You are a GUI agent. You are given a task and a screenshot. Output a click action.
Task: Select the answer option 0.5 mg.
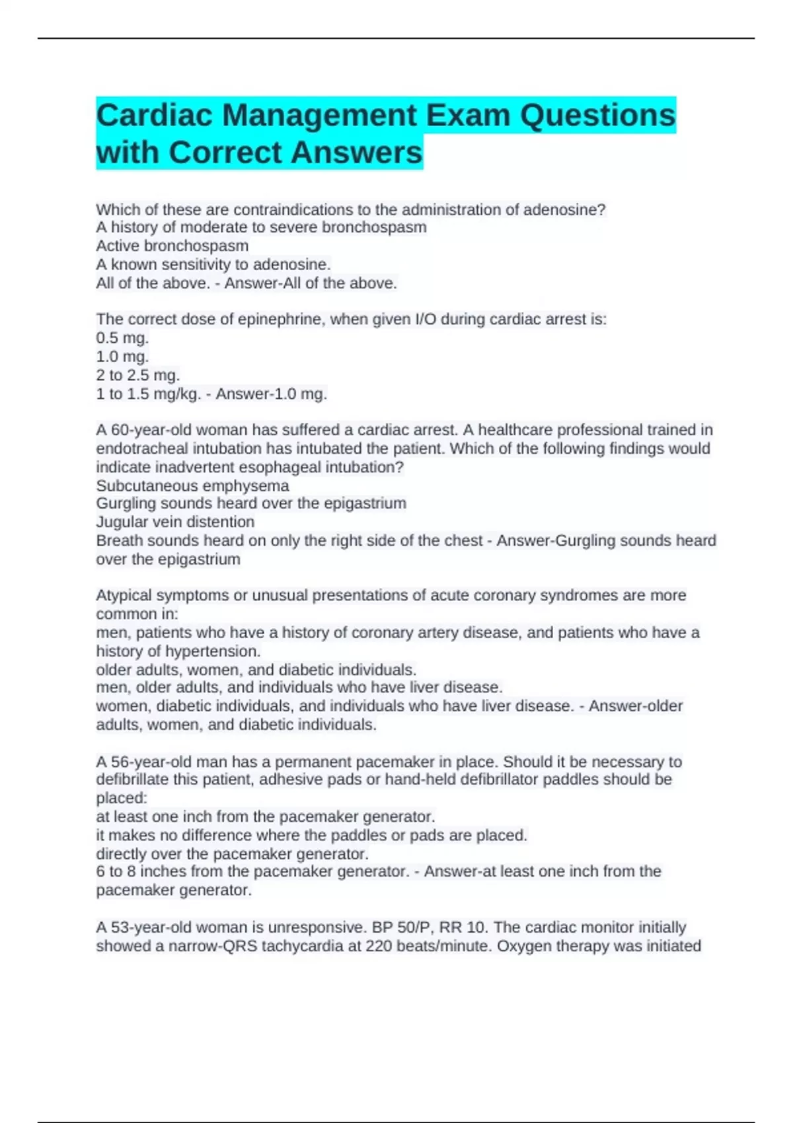point(122,338)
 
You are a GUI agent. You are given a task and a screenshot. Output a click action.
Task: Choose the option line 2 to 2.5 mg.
point(137,375)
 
